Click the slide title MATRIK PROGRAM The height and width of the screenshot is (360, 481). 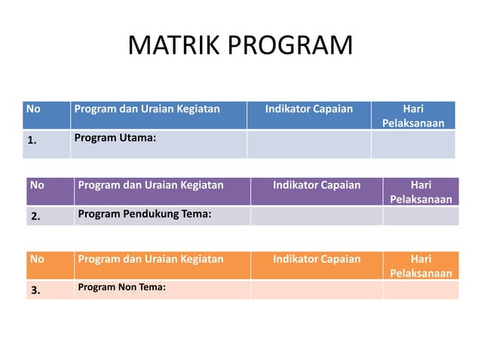click(x=240, y=46)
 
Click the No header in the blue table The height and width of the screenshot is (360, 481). click(x=34, y=108)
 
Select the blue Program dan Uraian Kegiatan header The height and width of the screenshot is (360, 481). click(x=147, y=108)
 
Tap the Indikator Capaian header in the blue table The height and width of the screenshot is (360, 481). click(x=309, y=108)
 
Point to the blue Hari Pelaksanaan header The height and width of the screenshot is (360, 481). click(x=413, y=115)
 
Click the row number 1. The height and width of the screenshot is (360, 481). click(x=32, y=140)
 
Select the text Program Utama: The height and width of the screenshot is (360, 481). click(x=115, y=138)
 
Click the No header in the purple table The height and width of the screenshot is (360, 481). click(x=37, y=185)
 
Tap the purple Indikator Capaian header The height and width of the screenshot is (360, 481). click(x=317, y=185)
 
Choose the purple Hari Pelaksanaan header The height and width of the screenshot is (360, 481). click(x=421, y=191)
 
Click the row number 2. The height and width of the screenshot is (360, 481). click(x=35, y=217)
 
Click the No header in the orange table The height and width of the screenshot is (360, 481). click(x=37, y=259)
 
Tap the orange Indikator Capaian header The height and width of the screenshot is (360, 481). click(x=317, y=259)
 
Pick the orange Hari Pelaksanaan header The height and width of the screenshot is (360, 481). click(x=421, y=266)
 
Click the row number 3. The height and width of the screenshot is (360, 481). click(x=35, y=291)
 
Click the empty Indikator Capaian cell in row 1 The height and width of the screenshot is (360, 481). click(x=308, y=144)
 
